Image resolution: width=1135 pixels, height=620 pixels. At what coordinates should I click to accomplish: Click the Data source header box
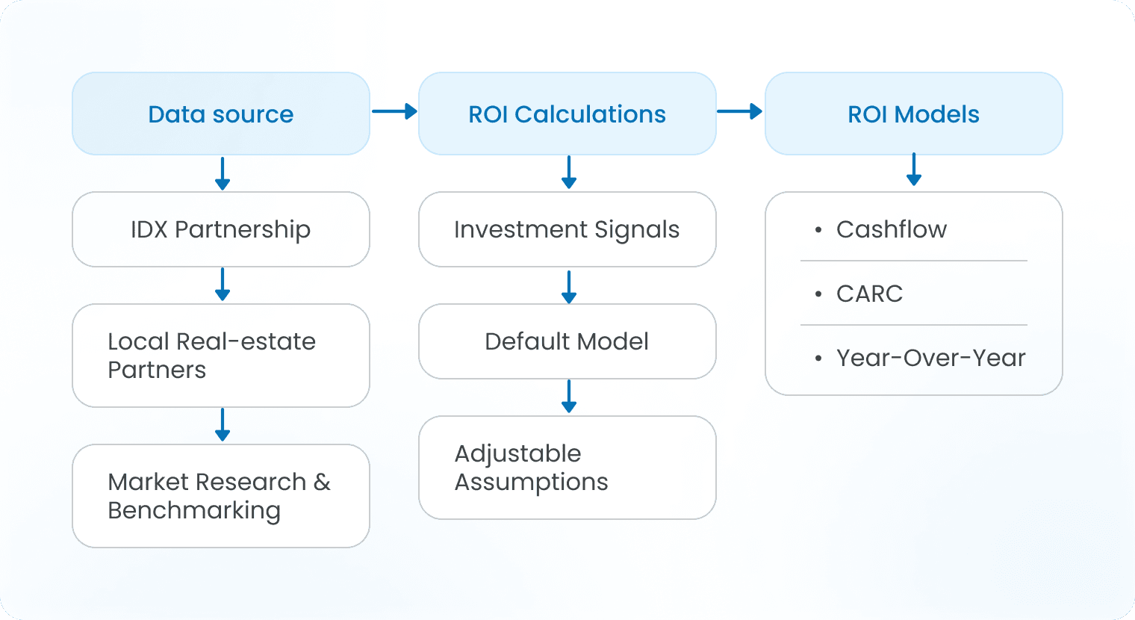click(x=221, y=114)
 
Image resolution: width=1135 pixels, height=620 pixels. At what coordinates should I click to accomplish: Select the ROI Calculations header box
click(x=567, y=114)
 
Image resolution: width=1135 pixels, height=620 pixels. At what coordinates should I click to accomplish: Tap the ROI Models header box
click(x=913, y=114)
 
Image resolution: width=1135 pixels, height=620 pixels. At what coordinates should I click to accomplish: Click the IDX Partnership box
click(x=221, y=229)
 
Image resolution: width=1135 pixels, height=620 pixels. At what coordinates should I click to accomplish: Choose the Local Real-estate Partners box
click(x=221, y=356)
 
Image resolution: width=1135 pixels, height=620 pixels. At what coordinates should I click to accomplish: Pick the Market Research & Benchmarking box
click(x=221, y=496)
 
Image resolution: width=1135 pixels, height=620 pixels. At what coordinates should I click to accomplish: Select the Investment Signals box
click(x=567, y=229)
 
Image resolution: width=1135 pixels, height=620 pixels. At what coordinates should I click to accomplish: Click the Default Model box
click(x=567, y=341)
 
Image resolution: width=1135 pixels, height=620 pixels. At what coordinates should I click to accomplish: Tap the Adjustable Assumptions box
click(x=567, y=468)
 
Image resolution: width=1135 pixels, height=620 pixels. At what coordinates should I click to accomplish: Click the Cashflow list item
click(x=891, y=229)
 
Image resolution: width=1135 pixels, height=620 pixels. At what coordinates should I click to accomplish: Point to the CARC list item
click(x=869, y=294)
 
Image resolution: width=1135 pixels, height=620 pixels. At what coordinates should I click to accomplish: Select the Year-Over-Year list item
click(x=930, y=358)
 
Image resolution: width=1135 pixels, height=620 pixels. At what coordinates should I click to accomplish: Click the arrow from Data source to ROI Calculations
click(x=394, y=112)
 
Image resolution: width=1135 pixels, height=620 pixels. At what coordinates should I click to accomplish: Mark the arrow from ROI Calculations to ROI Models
click(x=740, y=112)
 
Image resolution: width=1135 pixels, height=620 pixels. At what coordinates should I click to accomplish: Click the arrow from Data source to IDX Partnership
click(x=223, y=173)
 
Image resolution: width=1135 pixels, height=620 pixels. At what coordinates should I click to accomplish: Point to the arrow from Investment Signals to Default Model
click(x=569, y=287)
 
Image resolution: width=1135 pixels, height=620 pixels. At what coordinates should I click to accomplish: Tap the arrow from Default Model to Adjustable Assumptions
click(x=569, y=397)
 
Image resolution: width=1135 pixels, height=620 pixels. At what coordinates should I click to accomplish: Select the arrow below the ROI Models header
click(x=914, y=170)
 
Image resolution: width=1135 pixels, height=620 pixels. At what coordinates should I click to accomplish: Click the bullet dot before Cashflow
click(x=819, y=230)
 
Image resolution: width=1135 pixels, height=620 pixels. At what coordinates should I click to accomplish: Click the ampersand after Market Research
click(x=322, y=483)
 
